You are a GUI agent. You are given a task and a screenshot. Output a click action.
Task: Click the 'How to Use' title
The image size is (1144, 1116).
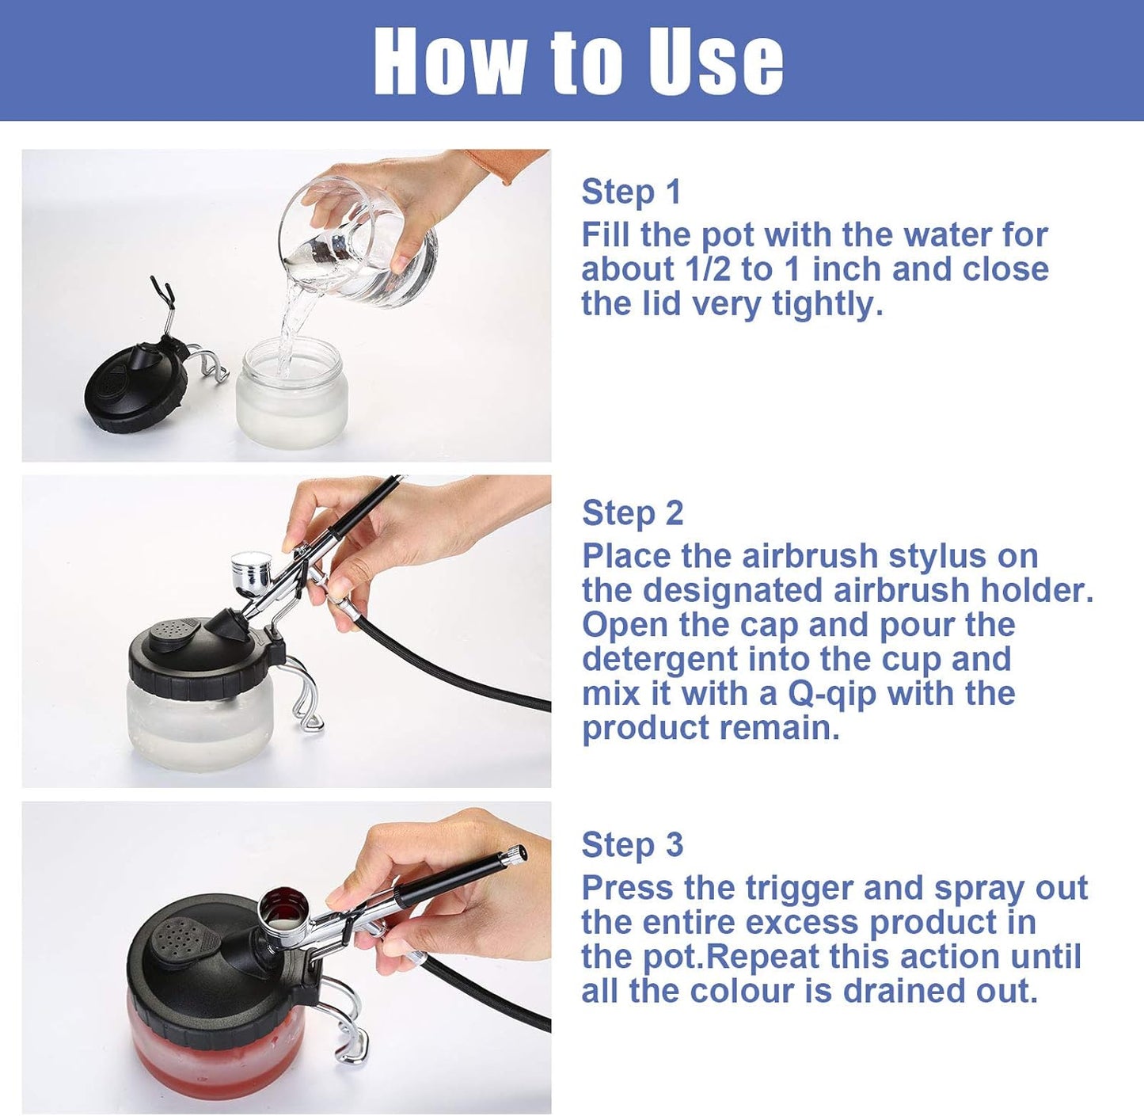[578, 62]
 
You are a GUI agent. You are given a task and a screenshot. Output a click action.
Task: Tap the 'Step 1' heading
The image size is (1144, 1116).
[631, 192]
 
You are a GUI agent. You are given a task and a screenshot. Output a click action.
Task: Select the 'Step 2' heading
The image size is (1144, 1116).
[632, 513]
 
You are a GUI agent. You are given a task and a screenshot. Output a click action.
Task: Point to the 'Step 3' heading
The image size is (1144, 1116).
[632, 845]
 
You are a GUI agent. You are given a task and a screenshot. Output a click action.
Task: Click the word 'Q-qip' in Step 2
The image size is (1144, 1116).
[832, 694]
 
